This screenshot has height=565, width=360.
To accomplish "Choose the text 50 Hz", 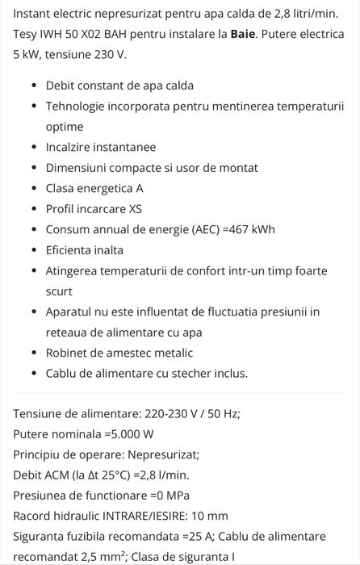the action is click(220, 413).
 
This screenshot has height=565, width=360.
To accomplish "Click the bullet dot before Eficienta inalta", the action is click(33, 250).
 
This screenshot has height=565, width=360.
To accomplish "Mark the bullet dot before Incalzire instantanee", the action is click(33, 148).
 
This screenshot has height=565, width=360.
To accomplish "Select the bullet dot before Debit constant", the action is click(33, 86).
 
